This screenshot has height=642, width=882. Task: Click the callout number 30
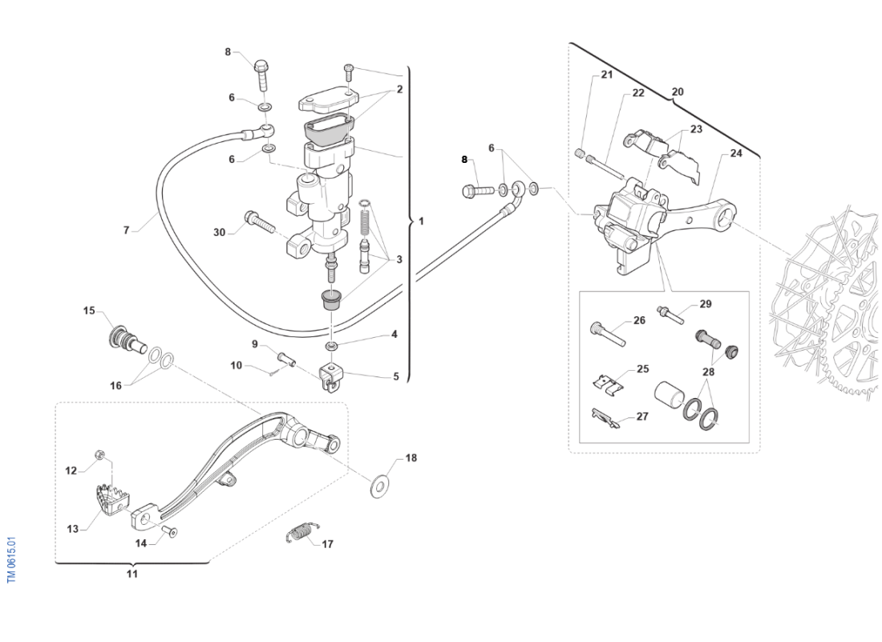[x=220, y=232]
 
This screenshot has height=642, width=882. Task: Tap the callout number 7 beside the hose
[x=126, y=230]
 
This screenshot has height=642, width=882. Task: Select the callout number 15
[x=89, y=311]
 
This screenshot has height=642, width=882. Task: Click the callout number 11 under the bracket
[x=132, y=574]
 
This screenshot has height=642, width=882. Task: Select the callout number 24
[x=736, y=152]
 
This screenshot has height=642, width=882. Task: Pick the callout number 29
[x=706, y=304]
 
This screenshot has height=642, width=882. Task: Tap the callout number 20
[x=678, y=91]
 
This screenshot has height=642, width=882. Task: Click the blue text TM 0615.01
[x=12, y=560]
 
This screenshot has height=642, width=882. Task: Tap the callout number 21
[x=606, y=75]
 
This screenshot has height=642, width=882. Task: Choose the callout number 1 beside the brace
[x=422, y=220]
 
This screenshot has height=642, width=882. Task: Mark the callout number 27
[x=642, y=416]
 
